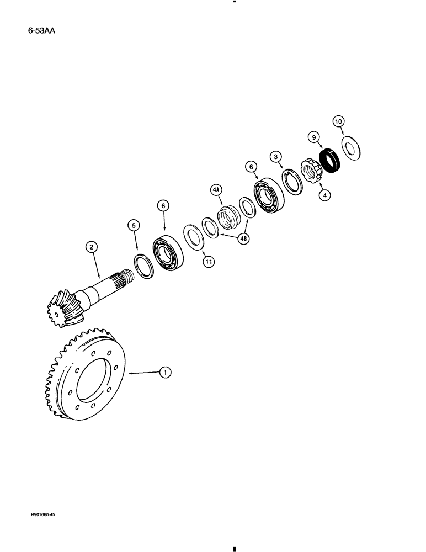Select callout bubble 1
click(x=164, y=373)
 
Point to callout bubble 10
click(x=339, y=121)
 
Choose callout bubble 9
click(x=313, y=136)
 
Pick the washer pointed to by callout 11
click(x=193, y=236)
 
